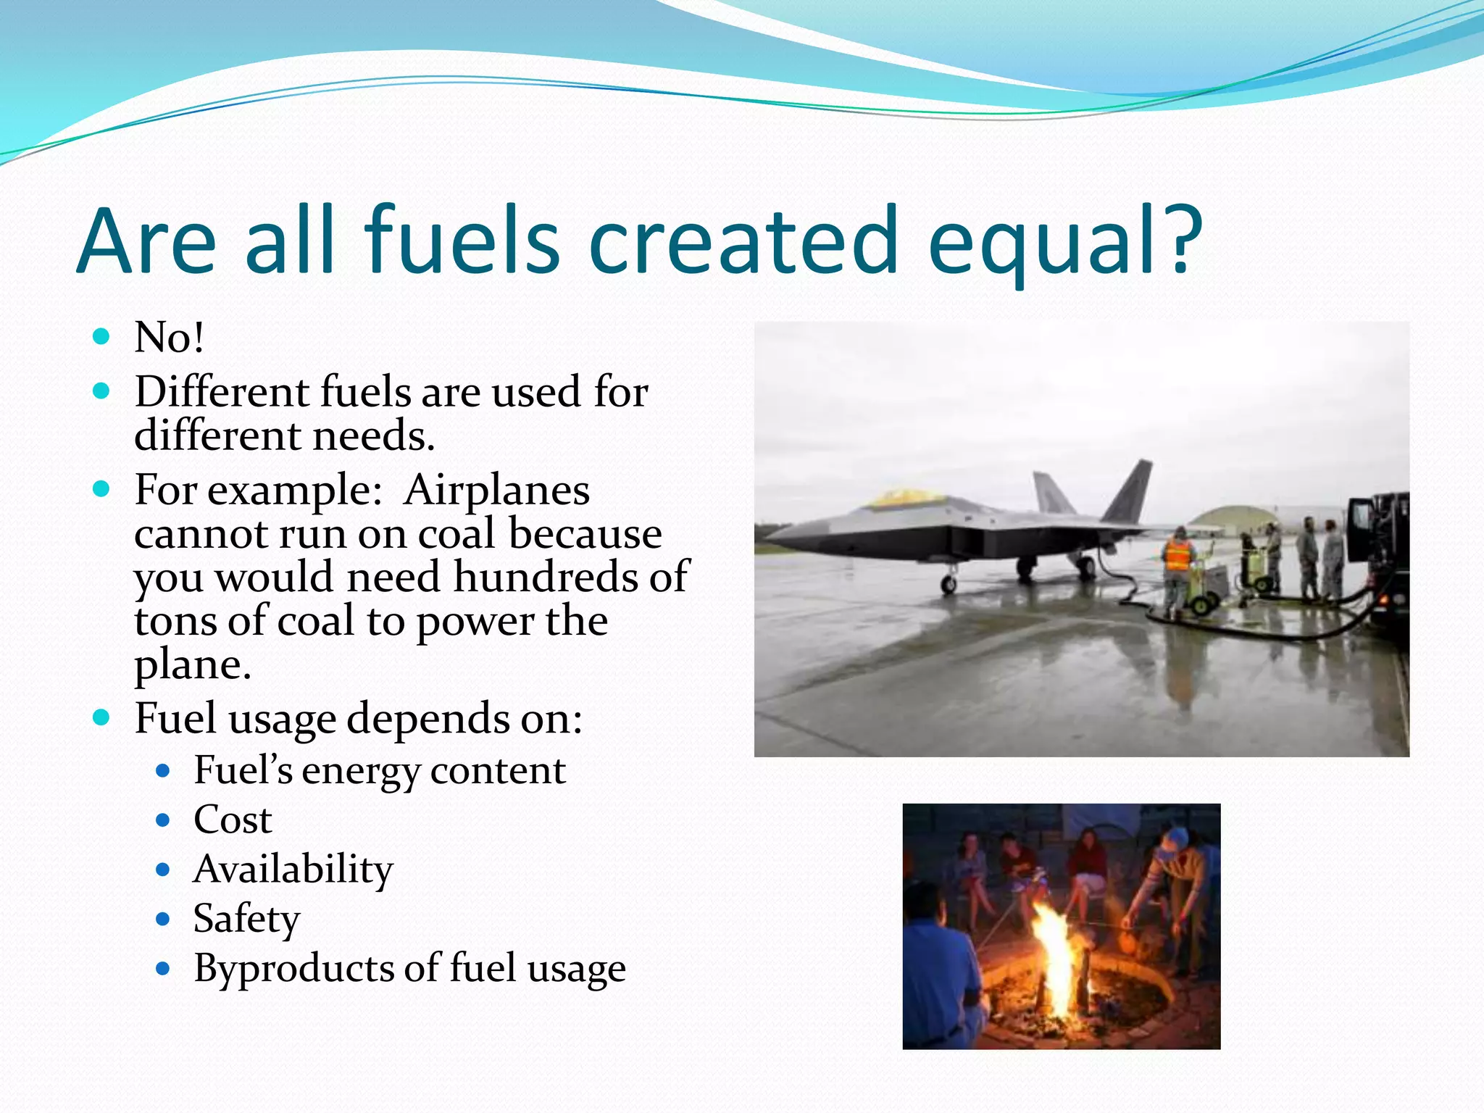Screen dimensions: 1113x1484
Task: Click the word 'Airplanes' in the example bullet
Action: click(497, 491)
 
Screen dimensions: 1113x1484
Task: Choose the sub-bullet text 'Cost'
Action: click(233, 820)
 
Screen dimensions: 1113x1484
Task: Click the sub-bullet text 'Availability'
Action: click(293, 870)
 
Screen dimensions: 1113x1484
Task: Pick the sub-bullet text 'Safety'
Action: click(246, 919)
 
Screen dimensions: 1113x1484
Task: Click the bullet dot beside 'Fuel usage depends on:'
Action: click(101, 718)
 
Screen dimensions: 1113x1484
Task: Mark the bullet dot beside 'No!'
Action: click(101, 336)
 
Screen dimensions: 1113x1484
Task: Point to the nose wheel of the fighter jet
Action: click(948, 584)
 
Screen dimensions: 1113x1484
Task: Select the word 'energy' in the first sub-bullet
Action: click(360, 771)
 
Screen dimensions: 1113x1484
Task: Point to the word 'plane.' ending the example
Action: click(193, 664)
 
